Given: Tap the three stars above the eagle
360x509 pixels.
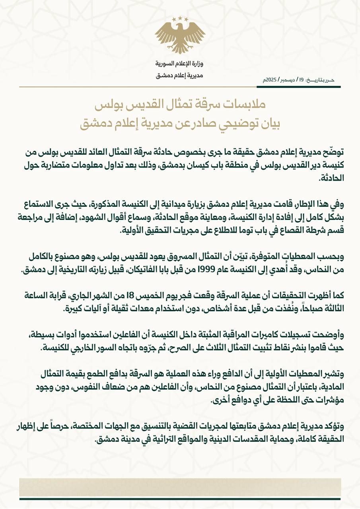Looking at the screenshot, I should pyautogui.click(x=180, y=19).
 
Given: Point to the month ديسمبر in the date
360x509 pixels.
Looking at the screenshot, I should pyautogui.click(x=288, y=80).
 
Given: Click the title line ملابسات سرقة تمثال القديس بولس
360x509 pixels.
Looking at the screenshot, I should pyautogui.click(x=180, y=106).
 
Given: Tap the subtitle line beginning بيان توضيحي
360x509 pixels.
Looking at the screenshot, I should pyautogui.click(x=180, y=124).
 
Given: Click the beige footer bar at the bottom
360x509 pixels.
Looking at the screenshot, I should pyautogui.click(x=180, y=487).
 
